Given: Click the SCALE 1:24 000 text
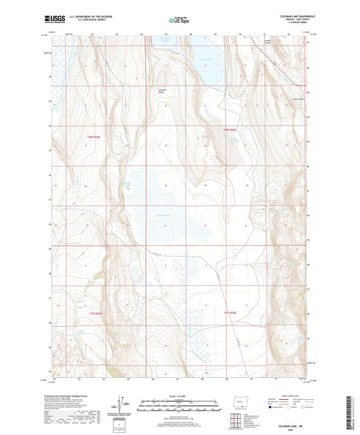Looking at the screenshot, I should [x=179, y=396].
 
